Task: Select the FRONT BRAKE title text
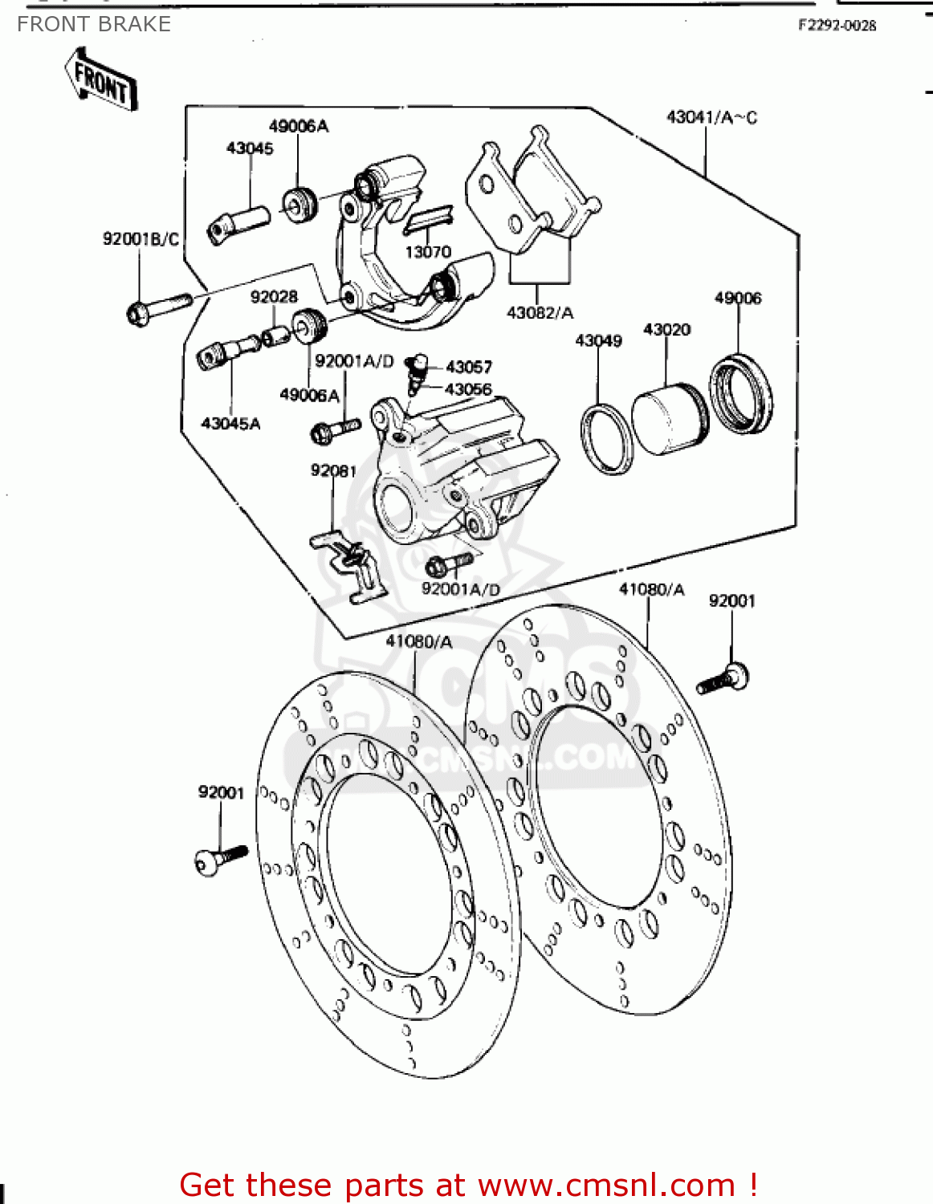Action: (94, 24)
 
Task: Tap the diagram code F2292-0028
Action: (837, 25)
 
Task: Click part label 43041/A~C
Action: (711, 117)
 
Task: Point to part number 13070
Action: (428, 252)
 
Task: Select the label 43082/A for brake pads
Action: (540, 313)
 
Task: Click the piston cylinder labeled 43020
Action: (668, 421)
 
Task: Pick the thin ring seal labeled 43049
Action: (606, 440)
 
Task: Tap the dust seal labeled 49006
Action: (741, 393)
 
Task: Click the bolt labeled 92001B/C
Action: (157, 308)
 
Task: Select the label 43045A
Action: (230, 423)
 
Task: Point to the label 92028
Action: (274, 297)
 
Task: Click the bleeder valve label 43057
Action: (469, 367)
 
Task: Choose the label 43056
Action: (468, 389)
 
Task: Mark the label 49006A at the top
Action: (299, 126)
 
